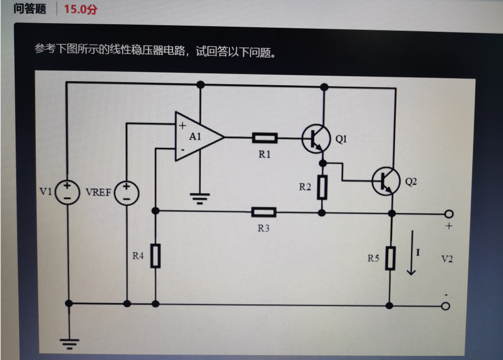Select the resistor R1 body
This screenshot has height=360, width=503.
[x=264, y=137]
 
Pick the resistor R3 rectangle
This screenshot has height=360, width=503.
[x=264, y=212]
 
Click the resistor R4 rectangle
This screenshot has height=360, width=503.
[x=155, y=256]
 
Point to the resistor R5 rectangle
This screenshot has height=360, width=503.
[x=389, y=258]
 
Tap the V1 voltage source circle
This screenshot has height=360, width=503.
[x=67, y=193]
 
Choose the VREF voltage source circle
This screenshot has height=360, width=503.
[x=126, y=193]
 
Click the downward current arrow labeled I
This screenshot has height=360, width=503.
[x=412, y=252]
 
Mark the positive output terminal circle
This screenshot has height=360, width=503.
[x=445, y=214]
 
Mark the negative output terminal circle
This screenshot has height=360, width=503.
[x=445, y=306]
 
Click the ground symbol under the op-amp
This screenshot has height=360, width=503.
[x=200, y=197]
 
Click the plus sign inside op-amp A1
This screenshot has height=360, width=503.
[x=182, y=125]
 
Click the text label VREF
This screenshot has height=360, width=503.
[x=98, y=193]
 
